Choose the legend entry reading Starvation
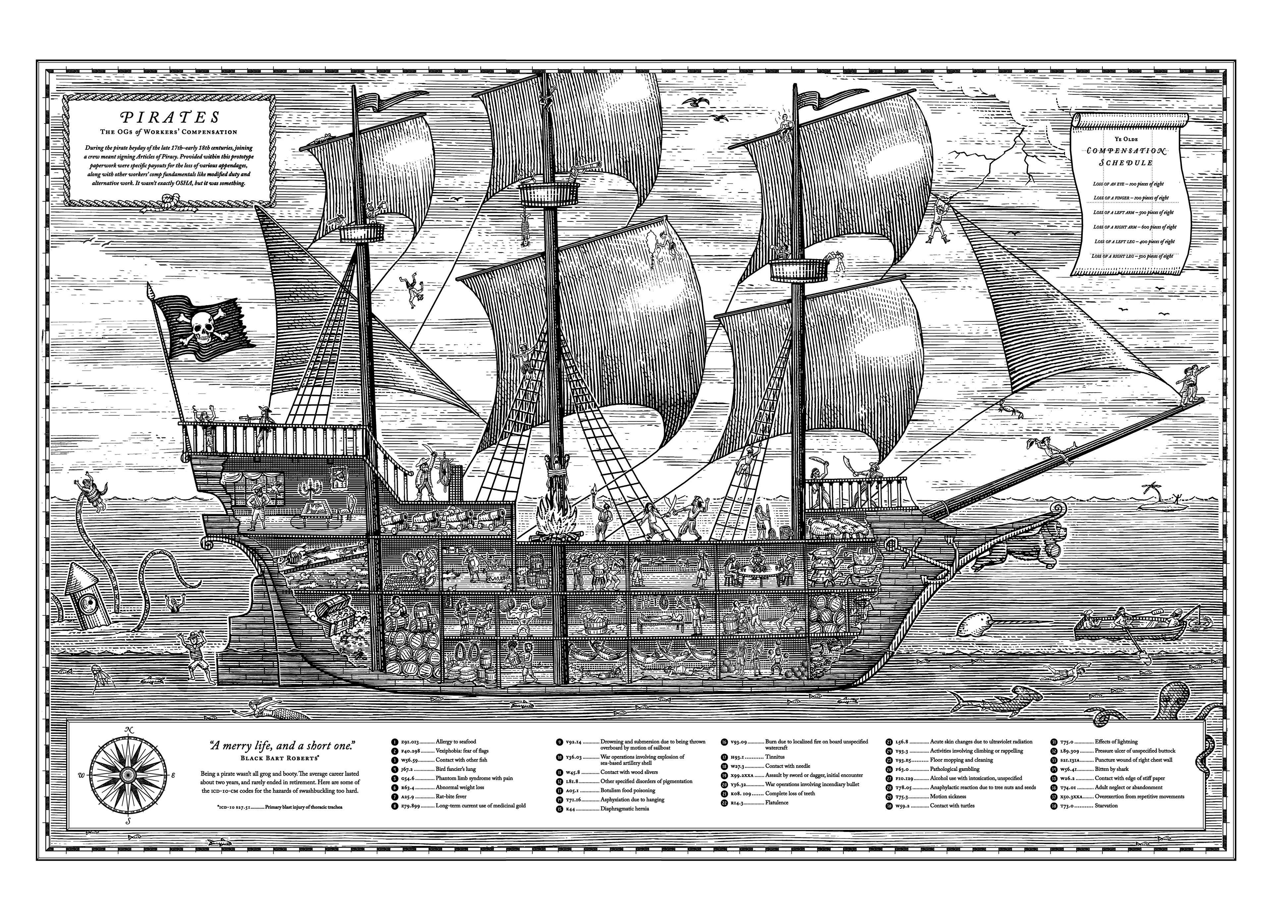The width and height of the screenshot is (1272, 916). tap(1106, 805)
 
